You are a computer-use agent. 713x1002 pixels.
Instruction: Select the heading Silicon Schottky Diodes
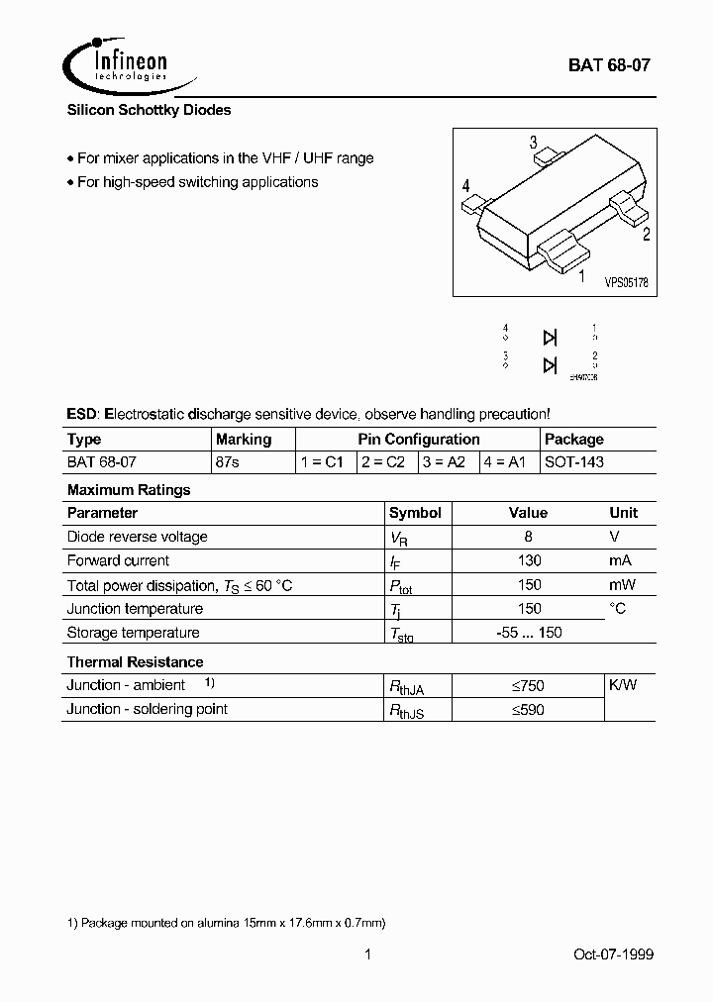coord(149,110)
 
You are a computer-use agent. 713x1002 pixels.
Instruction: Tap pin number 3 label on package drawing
coord(533,142)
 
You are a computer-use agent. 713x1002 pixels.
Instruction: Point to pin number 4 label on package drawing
coord(465,186)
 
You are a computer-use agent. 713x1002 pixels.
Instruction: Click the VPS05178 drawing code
coord(626,282)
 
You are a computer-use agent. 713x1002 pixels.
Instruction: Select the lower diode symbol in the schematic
coord(550,365)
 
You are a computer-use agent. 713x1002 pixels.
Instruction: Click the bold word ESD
coord(82,414)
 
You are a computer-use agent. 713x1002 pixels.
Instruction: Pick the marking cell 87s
coord(228,462)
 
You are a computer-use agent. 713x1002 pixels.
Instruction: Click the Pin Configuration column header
coord(418,439)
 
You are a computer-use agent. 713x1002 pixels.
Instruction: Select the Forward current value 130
coord(529,560)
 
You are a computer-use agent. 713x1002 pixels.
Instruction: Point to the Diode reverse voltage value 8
coord(529,537)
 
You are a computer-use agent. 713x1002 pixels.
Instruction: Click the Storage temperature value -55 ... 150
coord(529,633)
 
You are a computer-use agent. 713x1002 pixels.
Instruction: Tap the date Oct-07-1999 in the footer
coord(613,954)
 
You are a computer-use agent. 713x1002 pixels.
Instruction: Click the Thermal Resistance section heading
coord(135,661)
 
